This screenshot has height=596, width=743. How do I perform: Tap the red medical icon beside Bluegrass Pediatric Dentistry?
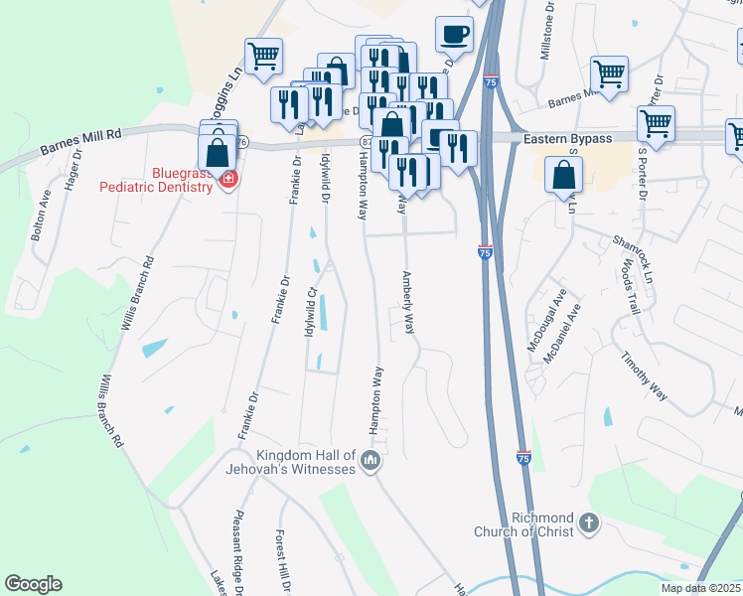coord(229,180)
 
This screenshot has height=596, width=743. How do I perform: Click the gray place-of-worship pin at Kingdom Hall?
coord(371,460)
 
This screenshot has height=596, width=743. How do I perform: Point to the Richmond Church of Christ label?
coord(543,524)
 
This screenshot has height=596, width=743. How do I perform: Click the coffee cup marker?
coord(454,35)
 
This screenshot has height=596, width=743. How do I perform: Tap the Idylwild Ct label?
coord(310,311)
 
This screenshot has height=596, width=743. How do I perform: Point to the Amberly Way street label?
coord(407,303)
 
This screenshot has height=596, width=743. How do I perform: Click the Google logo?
coord(34,584)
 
